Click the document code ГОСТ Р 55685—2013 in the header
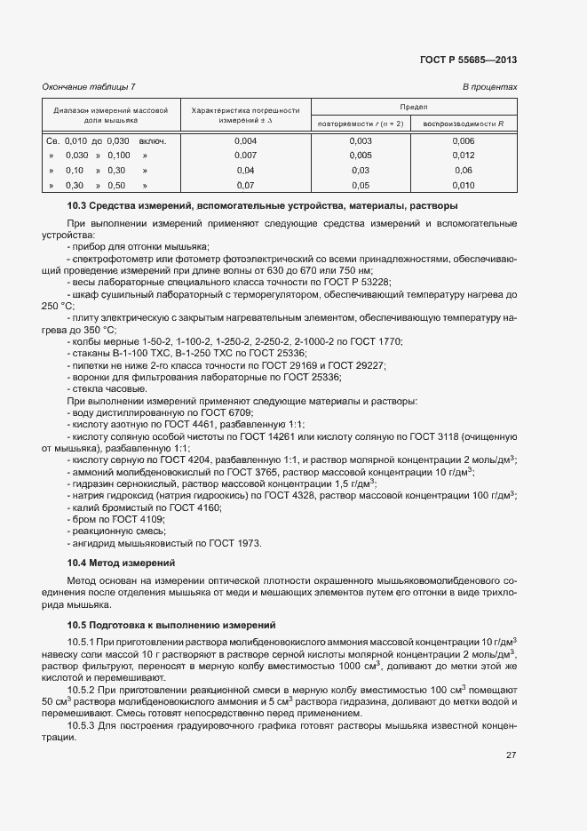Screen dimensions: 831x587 467,60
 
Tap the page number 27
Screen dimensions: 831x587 511,755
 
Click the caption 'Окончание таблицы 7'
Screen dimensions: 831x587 89,86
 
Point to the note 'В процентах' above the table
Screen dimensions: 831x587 489,86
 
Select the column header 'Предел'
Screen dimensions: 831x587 414,105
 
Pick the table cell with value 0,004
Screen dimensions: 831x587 245,140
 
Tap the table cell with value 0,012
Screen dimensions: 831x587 464,156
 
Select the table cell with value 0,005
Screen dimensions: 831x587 361,156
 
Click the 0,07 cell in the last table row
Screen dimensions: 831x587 245,185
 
